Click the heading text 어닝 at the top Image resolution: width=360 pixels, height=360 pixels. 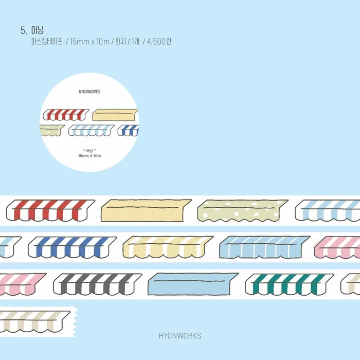37,30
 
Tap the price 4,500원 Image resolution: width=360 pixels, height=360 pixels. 159,42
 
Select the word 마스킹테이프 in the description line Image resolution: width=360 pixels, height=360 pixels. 47,42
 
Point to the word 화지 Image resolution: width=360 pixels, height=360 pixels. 120,42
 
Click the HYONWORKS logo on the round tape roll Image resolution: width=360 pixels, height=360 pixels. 89,92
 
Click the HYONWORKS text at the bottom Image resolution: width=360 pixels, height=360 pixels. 180,336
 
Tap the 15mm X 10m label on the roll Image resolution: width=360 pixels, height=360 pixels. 89,156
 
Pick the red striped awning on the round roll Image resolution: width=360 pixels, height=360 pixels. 66,115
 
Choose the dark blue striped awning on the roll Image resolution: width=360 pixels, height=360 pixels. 129,131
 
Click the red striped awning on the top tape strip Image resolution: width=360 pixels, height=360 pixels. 50,210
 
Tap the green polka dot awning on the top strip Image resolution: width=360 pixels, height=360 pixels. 242,210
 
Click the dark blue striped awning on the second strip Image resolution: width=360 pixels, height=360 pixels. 72,247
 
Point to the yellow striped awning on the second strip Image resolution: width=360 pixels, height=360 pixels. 168,247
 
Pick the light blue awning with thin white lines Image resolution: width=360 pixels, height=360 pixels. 264,247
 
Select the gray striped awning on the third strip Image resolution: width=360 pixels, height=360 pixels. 97,284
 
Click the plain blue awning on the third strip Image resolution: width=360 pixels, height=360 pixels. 193,284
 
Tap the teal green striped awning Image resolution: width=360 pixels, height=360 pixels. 289,284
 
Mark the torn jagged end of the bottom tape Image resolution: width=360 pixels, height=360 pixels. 75,322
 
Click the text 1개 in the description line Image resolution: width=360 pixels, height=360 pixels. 135,42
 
